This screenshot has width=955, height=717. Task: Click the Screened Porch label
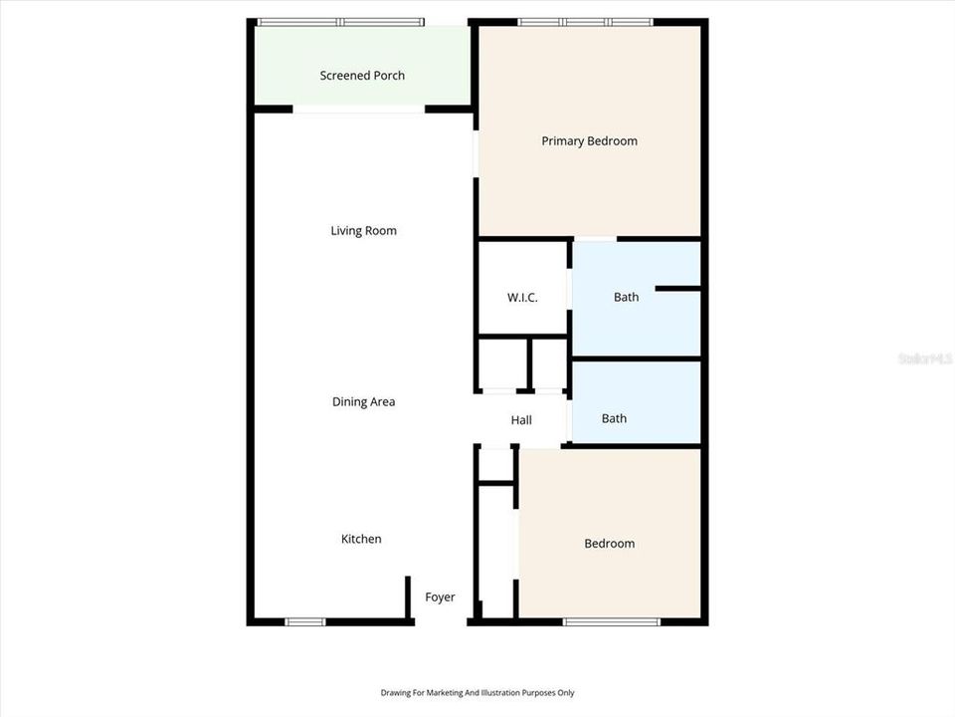point(362,76)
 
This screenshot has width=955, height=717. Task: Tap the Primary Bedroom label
point(589,141)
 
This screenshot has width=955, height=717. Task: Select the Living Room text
point(363,231)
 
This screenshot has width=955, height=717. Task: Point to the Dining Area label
point(363,402)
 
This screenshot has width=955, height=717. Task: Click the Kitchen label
point(361,539)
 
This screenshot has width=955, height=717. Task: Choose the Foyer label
point(440,597)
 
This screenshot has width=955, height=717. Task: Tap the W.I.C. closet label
point(522,297)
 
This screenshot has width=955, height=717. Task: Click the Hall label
point(521,420)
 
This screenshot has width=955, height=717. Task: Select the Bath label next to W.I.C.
point(626,297)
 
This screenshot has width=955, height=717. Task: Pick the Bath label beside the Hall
point(614,418)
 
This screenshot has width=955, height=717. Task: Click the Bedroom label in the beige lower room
point(609,544)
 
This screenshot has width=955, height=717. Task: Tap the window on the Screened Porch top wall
point(340,22)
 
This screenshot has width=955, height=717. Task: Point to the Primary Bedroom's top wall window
point(585,22)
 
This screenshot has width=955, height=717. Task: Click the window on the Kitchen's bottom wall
point(304,622)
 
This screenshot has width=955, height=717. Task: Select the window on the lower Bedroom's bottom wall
point(611,622)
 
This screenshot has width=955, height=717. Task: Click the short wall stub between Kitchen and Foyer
point(408,597)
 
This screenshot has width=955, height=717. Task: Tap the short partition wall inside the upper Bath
point(678,289)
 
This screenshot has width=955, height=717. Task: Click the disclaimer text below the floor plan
point(477,693)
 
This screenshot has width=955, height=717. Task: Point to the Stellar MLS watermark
point(925,358)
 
